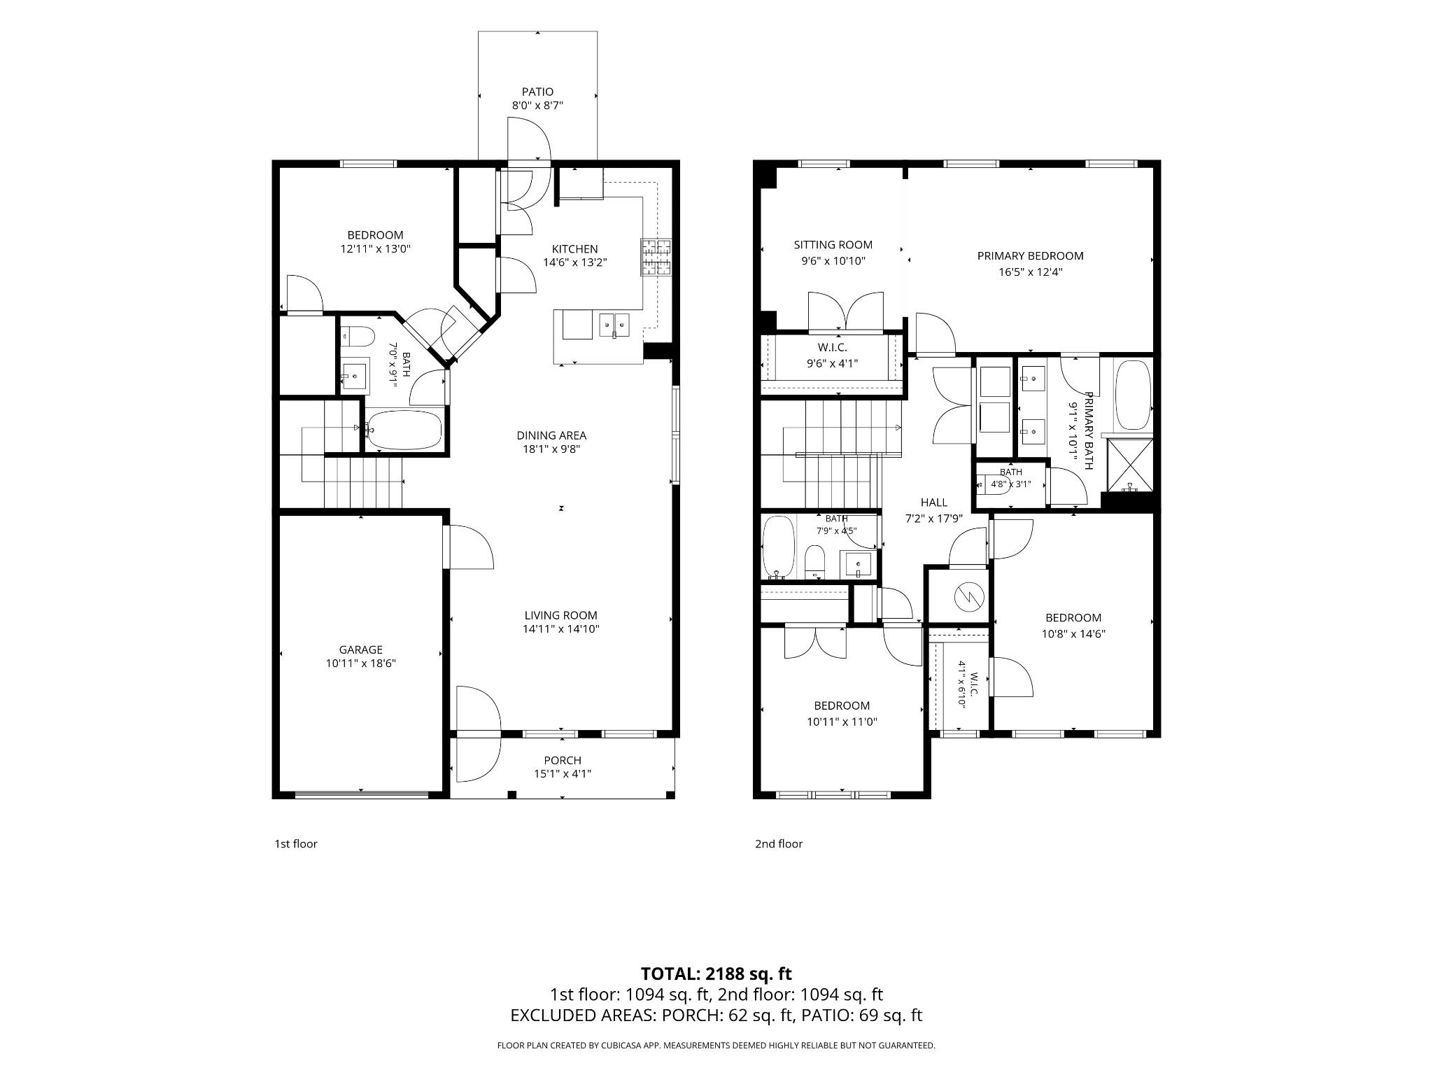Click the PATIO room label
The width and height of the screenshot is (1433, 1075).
pyautogui.click(x=537, y=92)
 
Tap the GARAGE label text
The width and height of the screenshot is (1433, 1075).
pyautogui.click(x=361, y=649)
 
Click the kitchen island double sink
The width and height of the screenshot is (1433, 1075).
pyautogui.click(x=614, y=324)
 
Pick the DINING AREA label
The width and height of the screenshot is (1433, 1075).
pyautogui.click(x=551, y=435)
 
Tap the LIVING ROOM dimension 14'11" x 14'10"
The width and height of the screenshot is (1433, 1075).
pyautogui.click(x=561, y=628)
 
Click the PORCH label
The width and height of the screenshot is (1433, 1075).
pyautogui.click(x=563, y=760)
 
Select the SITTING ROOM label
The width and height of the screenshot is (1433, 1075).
pyautogui.click(x=833, y=245)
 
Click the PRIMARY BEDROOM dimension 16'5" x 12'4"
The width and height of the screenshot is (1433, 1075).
pyautogui.click(x=1030, y=272)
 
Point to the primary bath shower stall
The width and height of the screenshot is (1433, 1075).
pyautogui.click(x=1128, y=464)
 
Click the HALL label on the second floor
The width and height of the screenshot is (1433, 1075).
pyautogui.click(x=934, y=503)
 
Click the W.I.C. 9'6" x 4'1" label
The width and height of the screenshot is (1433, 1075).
pyautogui.click(x=833, y=356)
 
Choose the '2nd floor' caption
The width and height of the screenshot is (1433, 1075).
pyautogui.click(x=779, y=844)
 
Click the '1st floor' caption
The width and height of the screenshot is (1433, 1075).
pyautogui.click(x=295, y=844)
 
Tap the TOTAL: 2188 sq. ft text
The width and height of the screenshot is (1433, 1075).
pyautogui.click(x=716, y=974)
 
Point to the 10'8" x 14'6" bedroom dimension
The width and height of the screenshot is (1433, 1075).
pyautogui.click(x=1073, y=634)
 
